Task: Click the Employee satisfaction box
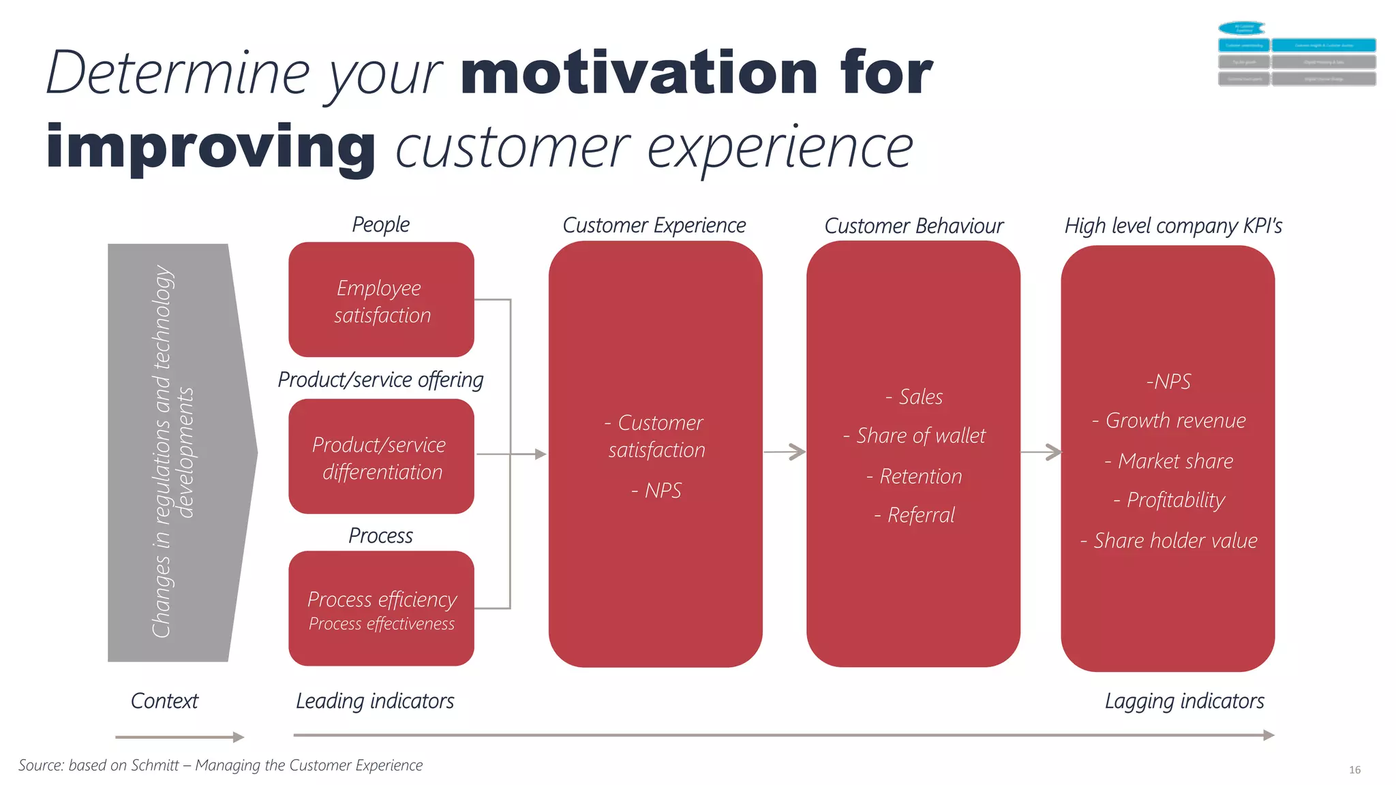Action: click(x=381, y=300)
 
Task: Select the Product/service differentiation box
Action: click(x=381, y=457)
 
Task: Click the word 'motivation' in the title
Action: click(x=639, y=73)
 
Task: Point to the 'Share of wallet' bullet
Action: click(x=915, y=435)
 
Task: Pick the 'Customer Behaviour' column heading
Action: click(x=913, y=226)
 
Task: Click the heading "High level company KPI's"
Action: click(x=1173, y=226)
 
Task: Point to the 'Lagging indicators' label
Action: click(x=1184, y=701)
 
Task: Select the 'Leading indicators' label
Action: click(x=375, y=701)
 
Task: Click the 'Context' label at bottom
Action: click(x=164, y=701)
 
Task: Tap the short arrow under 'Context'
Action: click(x=179, y=737)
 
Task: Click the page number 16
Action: click(x=1354, y=770)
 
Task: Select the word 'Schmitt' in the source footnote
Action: click(x=155, y=765)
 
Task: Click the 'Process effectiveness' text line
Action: click(x=382, y=624)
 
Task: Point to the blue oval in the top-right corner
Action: click(x=1242, y=28)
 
